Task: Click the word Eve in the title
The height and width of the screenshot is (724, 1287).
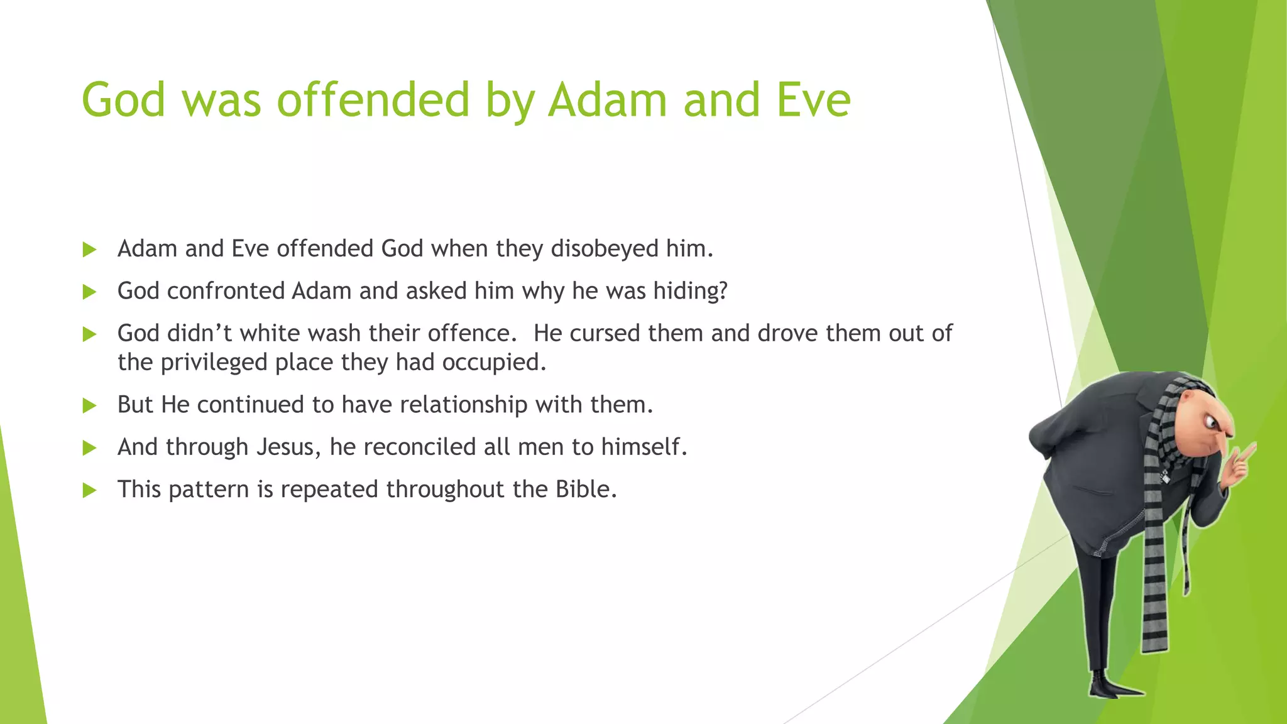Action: [x=813, y=101]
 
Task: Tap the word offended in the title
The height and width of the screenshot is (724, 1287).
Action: [x=373, y=101]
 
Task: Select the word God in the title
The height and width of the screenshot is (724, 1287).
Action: [x=123, y=101]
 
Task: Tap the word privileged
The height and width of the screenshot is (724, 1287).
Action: [x=214, y=363]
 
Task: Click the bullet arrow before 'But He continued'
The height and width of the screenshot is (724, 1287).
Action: [x=90, y=405]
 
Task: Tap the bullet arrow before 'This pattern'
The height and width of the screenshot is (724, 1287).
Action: [x=90, y=490]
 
